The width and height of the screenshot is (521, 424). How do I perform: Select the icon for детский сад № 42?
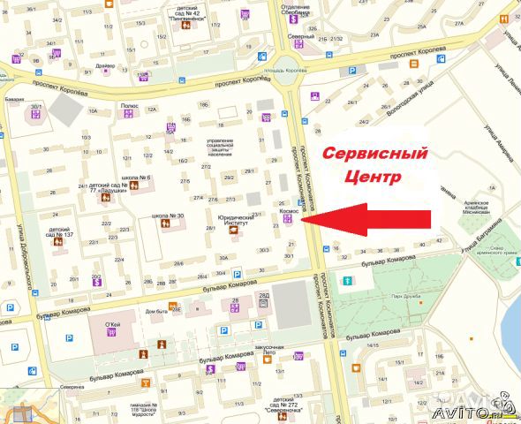[185, 24]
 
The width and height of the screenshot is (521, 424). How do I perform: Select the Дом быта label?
[157, 312]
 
